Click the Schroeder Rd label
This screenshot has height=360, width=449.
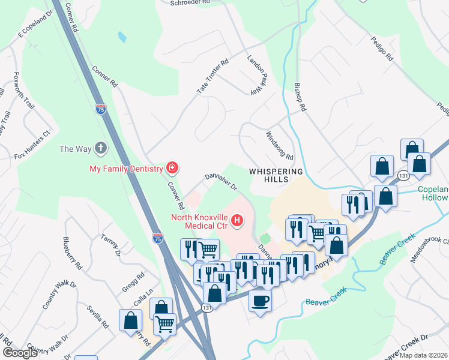point(190,2)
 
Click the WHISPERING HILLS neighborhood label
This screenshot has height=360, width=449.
point(277,176)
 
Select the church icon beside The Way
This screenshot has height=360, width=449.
point(101,148)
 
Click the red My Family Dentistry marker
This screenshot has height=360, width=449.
point(172,167)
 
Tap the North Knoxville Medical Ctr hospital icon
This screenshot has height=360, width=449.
point(237,221)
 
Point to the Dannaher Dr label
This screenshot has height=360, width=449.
point(222,181)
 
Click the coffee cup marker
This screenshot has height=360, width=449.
point(260,299)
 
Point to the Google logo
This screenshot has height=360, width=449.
point(20,353)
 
